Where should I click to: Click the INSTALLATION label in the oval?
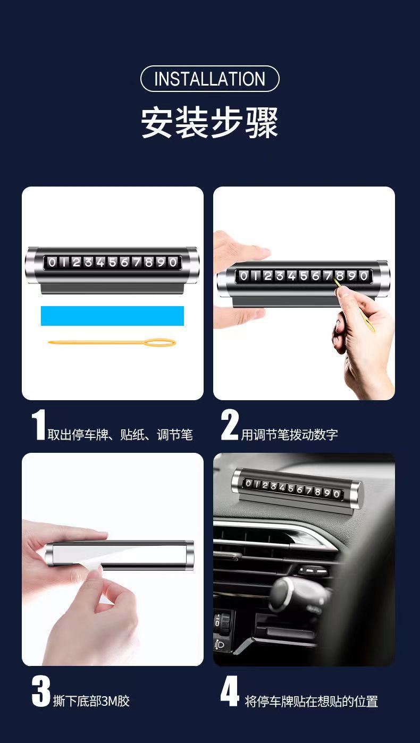(x=209, y=79)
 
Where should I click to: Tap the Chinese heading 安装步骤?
(x=209, y=123)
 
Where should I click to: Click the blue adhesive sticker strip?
(x=112, y=316)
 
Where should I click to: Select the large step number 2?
(x=229, y=425)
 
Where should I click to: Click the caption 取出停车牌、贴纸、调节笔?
(x=120, y=435)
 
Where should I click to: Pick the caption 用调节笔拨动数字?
(x=289, y=435)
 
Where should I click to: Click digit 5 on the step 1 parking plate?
(x=113, y=263)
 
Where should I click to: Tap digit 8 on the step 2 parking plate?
(x=340, y=276)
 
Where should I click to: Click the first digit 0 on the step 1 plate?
(x=52, y=263)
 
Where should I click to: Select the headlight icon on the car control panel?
(x=220, y=645)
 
